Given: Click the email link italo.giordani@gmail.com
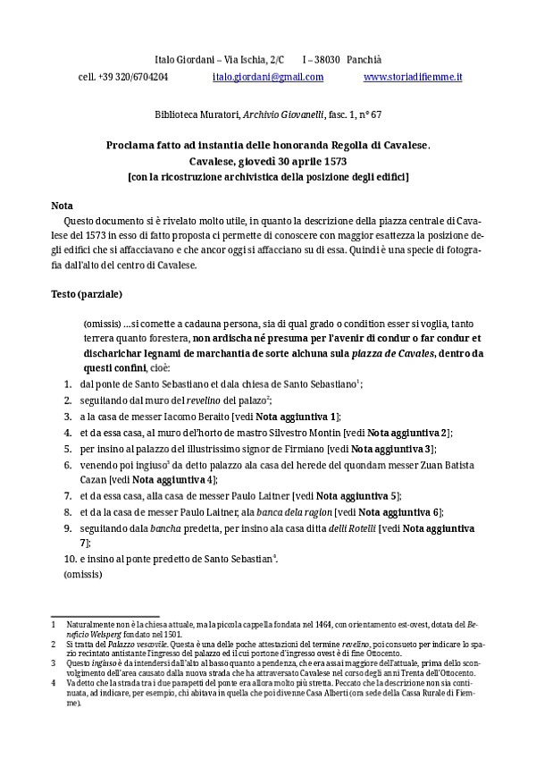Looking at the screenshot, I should pos(268,78).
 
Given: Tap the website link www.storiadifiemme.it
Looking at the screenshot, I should pos(413,78).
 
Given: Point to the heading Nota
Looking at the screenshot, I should pos(62,205).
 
